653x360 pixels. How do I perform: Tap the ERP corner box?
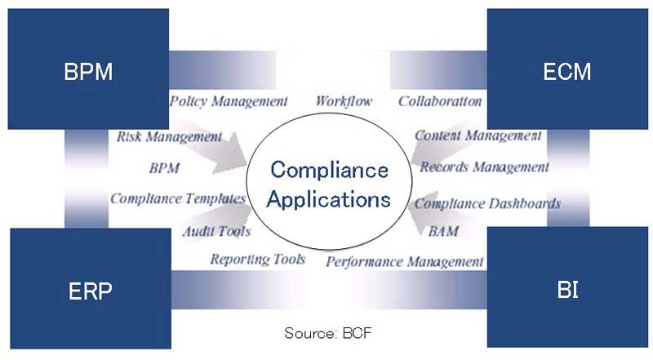88,290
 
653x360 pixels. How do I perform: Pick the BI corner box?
566,290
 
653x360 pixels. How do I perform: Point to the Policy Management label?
229,101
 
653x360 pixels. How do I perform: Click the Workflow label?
344,101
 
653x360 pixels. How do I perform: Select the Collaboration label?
440,101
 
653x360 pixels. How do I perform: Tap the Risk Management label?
169,136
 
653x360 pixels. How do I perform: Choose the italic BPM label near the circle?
164,169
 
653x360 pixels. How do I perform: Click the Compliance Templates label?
178,198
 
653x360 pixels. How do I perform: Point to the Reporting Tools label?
258,259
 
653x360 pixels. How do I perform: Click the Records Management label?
485,167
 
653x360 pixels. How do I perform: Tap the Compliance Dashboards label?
487,202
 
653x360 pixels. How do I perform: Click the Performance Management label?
405,262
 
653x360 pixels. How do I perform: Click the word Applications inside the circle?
330,198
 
